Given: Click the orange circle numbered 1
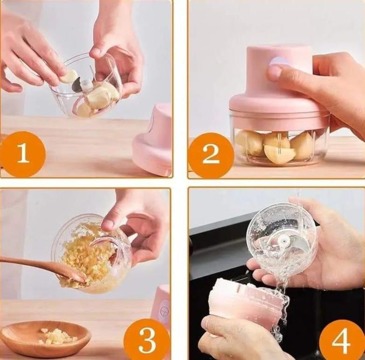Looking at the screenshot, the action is coord(23,154).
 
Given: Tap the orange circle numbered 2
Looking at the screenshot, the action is coord(211,155).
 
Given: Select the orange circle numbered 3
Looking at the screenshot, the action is coord(147,340).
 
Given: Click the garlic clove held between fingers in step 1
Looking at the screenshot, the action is coord(69,75).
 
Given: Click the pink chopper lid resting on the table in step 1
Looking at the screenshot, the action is coord(152,139).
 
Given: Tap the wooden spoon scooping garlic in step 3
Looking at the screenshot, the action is coord(42,267).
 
